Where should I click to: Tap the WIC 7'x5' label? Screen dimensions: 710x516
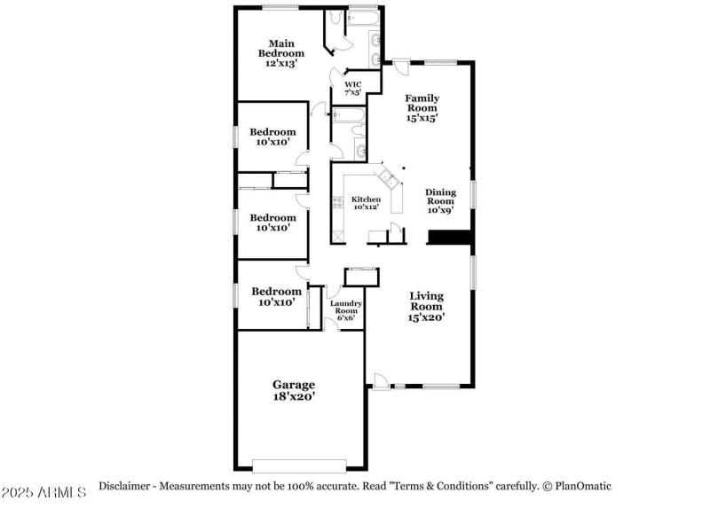point(352,89)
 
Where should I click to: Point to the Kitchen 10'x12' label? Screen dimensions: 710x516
point(367,203)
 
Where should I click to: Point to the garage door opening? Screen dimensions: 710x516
point(299,465)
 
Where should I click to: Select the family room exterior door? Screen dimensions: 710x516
point(401,66)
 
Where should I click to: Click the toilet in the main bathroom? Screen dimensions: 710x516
point(335,17)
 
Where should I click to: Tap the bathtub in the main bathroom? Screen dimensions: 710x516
point(363,19)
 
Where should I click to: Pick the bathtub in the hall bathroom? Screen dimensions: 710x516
point(348,115)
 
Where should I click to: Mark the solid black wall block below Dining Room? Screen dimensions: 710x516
point(450,238)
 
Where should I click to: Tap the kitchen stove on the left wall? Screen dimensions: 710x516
point(338,202)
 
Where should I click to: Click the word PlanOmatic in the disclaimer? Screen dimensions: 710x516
point(583,487)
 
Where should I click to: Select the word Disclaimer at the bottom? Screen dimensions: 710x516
point(124,486)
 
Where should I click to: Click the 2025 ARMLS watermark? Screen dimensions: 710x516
point(43,492)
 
